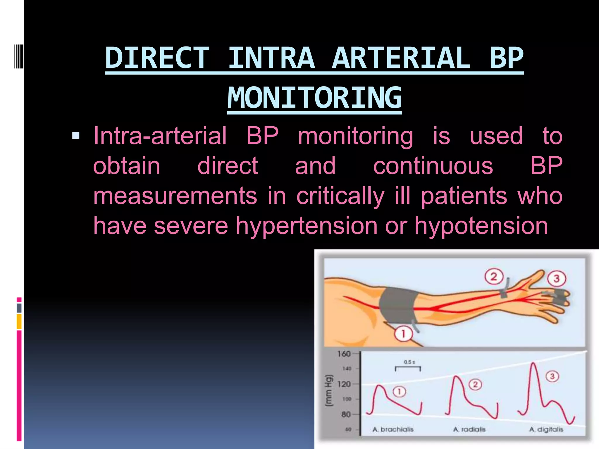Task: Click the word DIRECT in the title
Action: point(157,58)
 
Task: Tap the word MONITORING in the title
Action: point(314,98)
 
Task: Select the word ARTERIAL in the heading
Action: point(401,58)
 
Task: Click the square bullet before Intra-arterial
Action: point(76,136)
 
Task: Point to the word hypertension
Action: point(307,226)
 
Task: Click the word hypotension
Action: point(481,226)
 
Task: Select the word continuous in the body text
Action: point(433,166)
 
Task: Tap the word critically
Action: point(340,196)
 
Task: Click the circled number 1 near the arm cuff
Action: point(403,334)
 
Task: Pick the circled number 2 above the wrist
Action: point(494,277)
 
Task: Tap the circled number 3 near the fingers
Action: point(556,278)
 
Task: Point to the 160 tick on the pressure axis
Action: point(344,354)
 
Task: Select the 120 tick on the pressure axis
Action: point(344,384)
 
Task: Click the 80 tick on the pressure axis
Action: point(346,414)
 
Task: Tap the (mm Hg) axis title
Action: point(329,390)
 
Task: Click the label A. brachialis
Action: point(393,429)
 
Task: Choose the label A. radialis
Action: point(469,429)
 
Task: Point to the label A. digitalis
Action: point(546,429)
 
